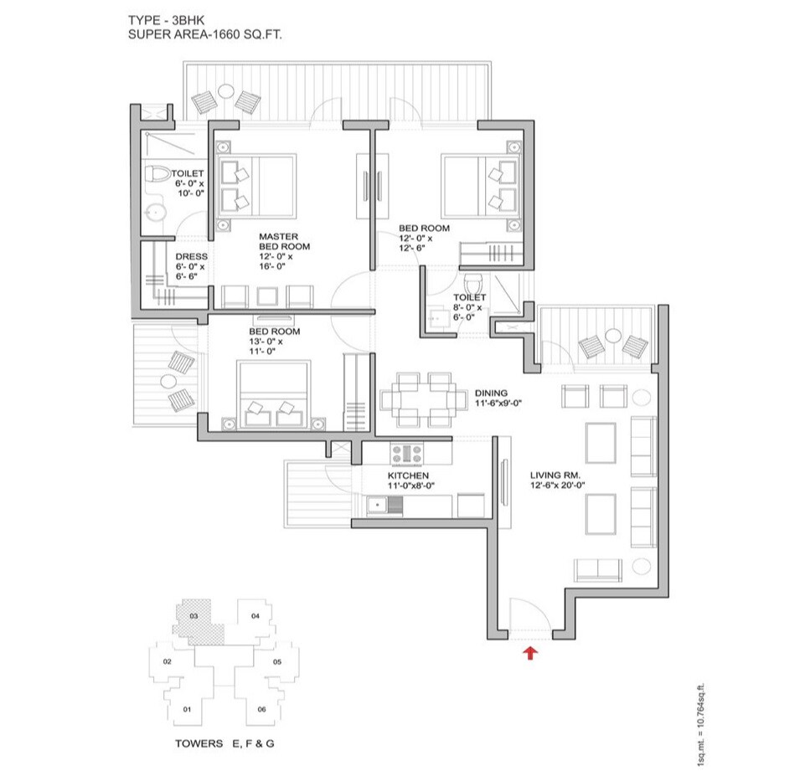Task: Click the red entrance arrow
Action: pyautogui.click(x=529, y=652)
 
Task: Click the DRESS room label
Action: pyautogui.click(x=191, y=257)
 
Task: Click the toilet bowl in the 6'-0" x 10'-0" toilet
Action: pyautogui.click(x=157, y=176)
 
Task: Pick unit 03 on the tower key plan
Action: pyautogui.click(x=194, y=617)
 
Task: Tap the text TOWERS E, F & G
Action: pyautogui.click(x=225, y=743)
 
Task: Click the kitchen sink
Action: pyautogui.click(x=379, y=504)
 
